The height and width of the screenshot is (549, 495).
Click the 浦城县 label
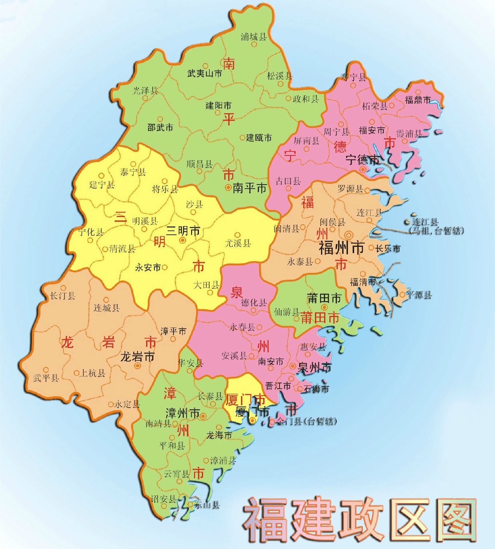click(254, 37)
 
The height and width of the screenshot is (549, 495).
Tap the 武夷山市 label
click(205, 74)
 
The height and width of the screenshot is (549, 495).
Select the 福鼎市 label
click(418, 99)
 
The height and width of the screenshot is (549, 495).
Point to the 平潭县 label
click(419, 295)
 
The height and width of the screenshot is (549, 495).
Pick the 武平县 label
click(46, 378)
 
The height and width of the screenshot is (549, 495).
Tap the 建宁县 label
click(102, 185)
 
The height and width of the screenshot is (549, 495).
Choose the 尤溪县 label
click(238, 243)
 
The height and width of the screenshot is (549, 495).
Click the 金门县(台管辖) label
click(307, 422)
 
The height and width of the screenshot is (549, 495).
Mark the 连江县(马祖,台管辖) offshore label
click(436, 226)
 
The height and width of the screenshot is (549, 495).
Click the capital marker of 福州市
click(349, 235)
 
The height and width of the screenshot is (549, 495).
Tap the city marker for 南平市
click(228, 187)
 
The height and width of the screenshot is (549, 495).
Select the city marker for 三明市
click(183, 240)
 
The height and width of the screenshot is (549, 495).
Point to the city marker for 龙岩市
click(138, 366)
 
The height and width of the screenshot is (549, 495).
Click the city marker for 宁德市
click(363, 169)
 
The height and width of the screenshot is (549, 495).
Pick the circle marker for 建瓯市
click(242, 138)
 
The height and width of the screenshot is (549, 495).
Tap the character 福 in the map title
click(266, 520)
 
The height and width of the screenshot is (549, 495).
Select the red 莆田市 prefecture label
click(320, 318)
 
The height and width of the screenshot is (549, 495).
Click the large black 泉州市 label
click(315, 368)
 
